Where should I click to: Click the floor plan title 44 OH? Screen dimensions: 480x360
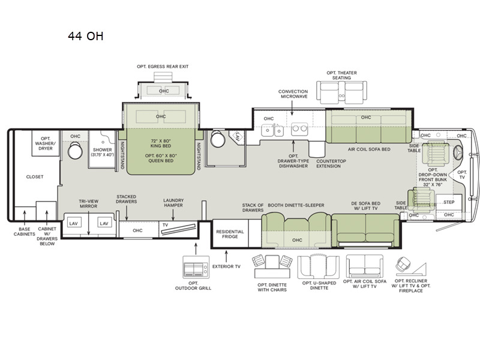click(x=86, y=36)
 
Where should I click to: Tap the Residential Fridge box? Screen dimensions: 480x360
click(x=230, y=233)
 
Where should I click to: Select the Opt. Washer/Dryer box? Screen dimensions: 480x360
click(x=46, y=143)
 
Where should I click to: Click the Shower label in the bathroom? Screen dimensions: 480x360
click(x=102, y=150)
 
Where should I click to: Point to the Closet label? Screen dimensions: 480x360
click(x=35, y=176)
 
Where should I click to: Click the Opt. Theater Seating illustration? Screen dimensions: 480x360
click(x=341, y=92)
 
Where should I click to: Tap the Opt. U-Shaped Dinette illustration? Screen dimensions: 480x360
click(x=319, y=267)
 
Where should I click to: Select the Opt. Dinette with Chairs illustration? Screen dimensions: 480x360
click(x=272, y=267)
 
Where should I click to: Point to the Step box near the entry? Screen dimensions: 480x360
click(x=449, y=202)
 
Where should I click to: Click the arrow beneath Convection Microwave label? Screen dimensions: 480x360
click(x=292, y=108)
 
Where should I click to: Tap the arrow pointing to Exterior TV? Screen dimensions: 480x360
click(x=226, y=256)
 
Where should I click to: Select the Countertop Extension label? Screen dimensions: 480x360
click(x=331, y=163)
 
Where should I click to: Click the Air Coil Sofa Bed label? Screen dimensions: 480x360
click(x=369, y=149)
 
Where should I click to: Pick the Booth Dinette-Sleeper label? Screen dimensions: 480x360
click(x=296, y=205)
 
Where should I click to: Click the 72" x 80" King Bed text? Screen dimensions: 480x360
click(x=161, y=143)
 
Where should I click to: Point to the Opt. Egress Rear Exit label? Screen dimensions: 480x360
click(x=163, y=67)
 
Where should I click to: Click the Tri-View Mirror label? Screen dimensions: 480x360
click(x=88, y=203)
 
